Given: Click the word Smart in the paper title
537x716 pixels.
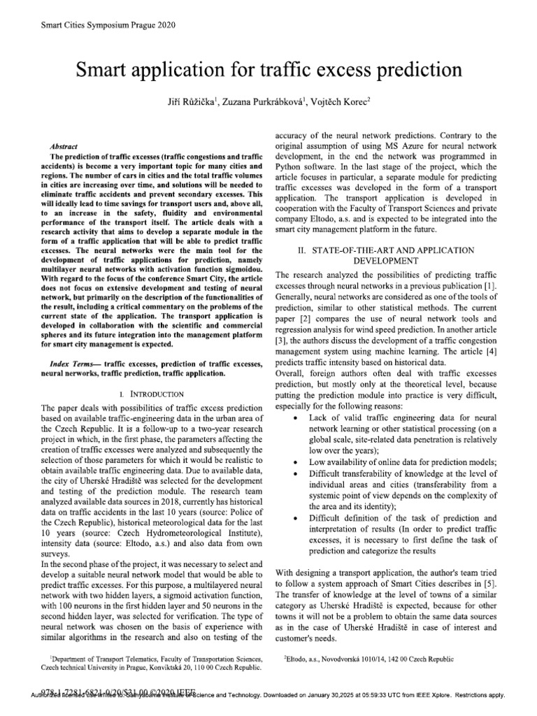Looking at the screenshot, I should click(110, 71).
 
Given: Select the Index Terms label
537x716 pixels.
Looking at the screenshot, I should click(74, 364).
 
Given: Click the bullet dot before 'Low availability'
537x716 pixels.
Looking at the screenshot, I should click(299, 462).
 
